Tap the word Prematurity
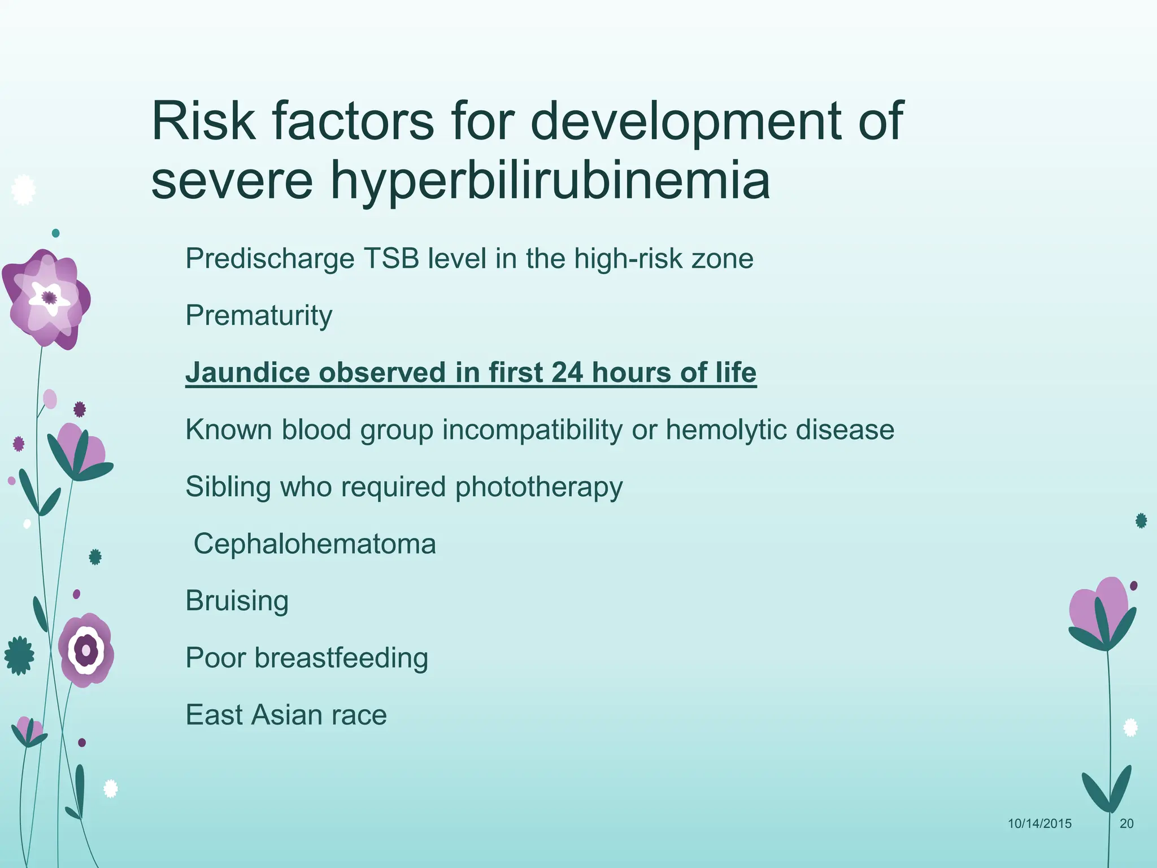click(x=259, y=315)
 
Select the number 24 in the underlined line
click(x=567, y=372)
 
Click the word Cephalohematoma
click(x=315, y=544)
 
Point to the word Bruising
click(x=237, y=601)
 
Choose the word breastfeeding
click(x=341, y=658)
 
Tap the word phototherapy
click(x=539, y=487)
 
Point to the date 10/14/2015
click(x=1039, y=823)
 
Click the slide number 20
click(x=1126, y=823)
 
